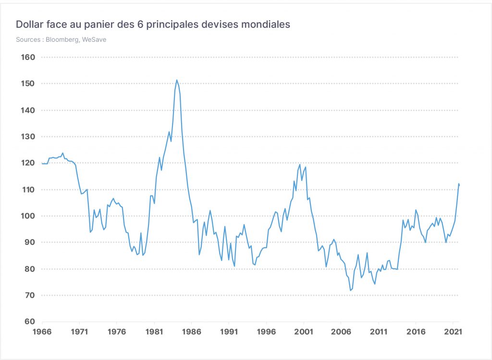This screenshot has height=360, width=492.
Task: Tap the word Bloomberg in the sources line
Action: (x=62, y=39)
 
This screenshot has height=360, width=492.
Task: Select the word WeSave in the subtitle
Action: (x=94, y=39)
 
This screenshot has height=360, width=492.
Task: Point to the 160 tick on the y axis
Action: (x=28, y=57)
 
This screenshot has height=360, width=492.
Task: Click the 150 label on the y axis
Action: (x=28, y=84)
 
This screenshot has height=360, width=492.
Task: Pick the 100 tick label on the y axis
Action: (x=28, y=216)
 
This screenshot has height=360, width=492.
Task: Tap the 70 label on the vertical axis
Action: (x=30, y=295)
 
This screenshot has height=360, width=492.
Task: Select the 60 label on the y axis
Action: (x=30, y=322)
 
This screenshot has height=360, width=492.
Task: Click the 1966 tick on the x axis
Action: (x=42, y=332)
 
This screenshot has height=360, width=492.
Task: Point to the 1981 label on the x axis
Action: (x=154, y=332)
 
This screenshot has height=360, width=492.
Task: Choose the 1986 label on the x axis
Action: (x=191, y=332)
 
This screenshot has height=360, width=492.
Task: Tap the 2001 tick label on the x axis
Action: (x=304, y=332)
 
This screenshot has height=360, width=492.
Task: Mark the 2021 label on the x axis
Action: (x=453, y=332)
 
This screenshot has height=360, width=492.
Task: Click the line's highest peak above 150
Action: (x=177, y=80)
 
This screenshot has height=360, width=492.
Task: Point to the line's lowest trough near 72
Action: (x=350, y=290)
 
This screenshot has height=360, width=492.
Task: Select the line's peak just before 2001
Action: (x=300, y=164)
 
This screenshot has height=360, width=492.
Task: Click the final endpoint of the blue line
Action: (x=459, y=185)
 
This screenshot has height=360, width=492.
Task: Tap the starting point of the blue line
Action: (x=42, y=163)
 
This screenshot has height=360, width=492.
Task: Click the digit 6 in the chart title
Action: (x=140, y=24)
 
